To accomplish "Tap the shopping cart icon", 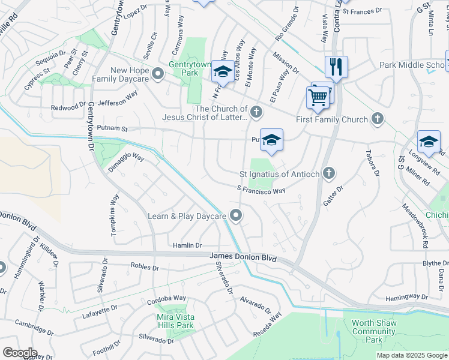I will pos(318,96).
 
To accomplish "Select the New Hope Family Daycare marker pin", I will pos(158,74).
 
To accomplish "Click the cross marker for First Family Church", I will pos(378,119).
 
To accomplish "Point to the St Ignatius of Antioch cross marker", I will pos(328,174).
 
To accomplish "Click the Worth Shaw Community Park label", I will pos(373,331).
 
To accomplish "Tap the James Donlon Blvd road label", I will pos(243,257).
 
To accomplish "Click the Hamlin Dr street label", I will pos(187,245).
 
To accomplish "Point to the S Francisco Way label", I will pos(261,190).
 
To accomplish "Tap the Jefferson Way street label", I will pos(118,103).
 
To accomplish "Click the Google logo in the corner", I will pos(20,353).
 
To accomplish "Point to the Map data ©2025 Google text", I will pos(412,355).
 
